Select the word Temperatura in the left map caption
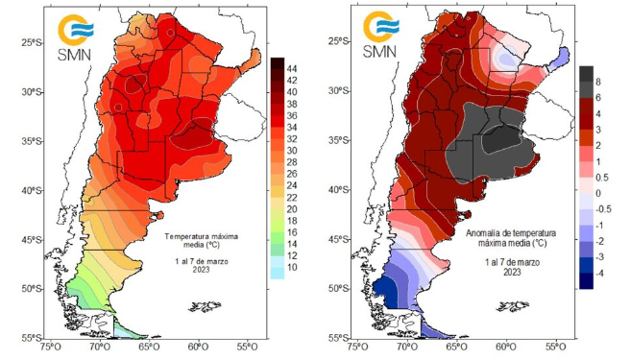[188, 235]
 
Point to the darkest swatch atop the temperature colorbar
[278, 62]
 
